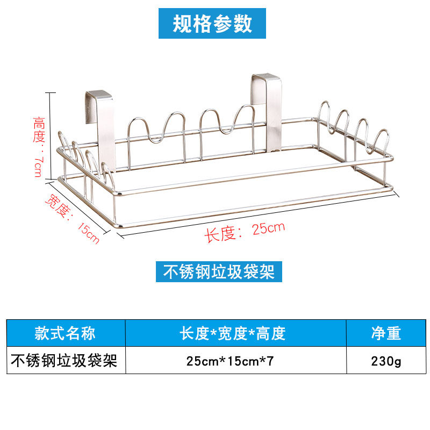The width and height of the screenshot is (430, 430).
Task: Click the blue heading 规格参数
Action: (x=212, y=24)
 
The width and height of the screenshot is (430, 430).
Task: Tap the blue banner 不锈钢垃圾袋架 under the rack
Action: (x=219, y=271)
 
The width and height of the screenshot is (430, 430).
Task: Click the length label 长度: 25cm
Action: (x=244, y=231)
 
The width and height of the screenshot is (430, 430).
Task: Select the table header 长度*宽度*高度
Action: (x=233, y=333)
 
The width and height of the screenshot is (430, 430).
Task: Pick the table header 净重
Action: (x=385, y=333)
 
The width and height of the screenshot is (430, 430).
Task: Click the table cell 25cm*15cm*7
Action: (x=231, y=361)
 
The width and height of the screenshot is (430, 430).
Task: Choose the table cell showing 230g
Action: (x=385, y=361)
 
